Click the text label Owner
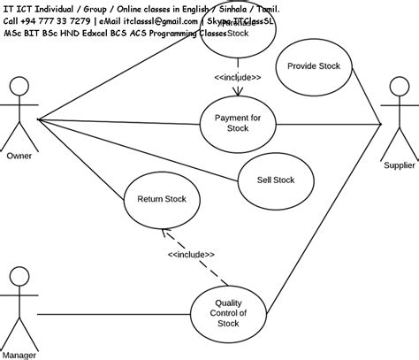tap(19, 157)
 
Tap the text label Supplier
tap(398, 165)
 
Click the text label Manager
tap(19, 354)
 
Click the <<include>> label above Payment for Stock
tap(237, 77)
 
